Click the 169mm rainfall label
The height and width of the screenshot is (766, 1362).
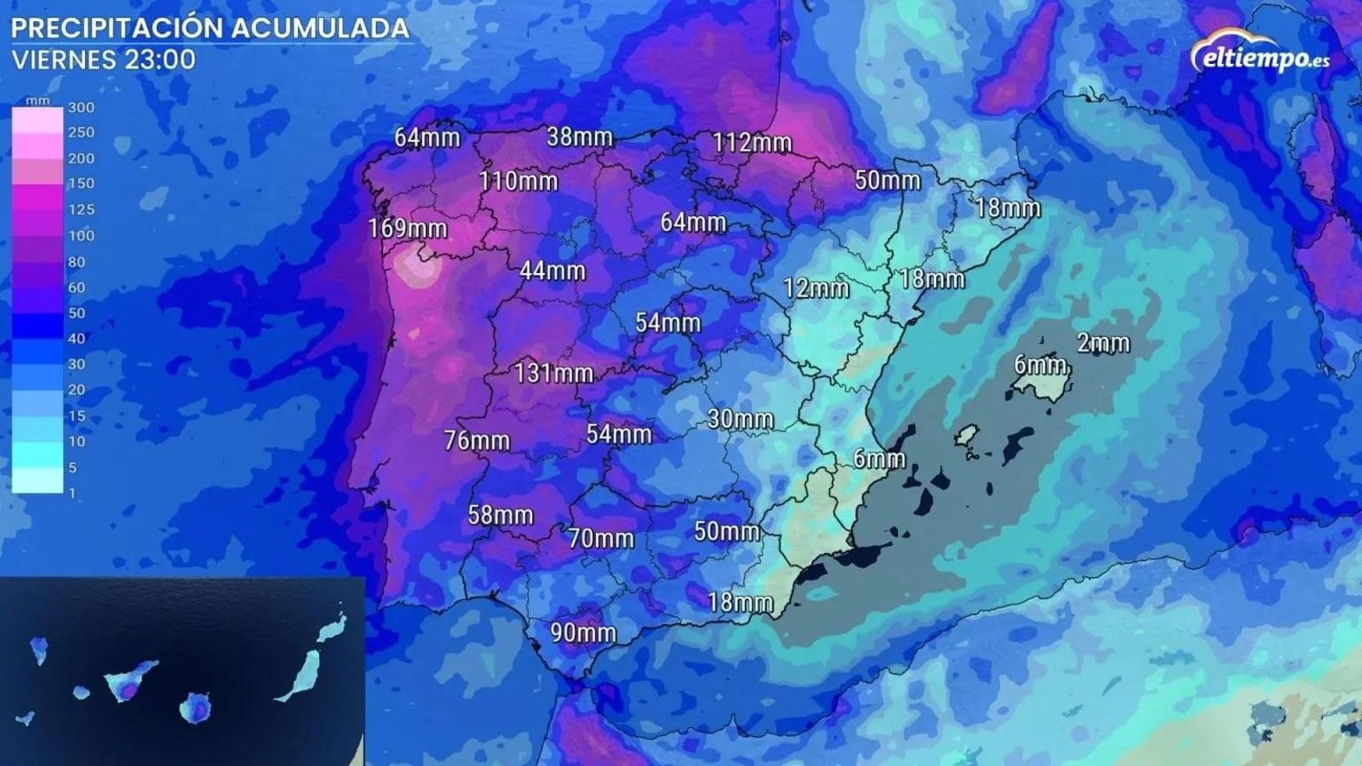click(408, 228)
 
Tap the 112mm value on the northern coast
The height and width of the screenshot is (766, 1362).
click(752, 142)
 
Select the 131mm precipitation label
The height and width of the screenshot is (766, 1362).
click(553, 373)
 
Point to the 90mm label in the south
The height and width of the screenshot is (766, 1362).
click(583, 632)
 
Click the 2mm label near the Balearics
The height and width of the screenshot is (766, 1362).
click(1103, 343)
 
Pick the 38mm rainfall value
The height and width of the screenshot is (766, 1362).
click(580, 136)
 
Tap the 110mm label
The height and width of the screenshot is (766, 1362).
click(518, 180)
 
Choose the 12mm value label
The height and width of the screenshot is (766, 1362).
click(816, 288)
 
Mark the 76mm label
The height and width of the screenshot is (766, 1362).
click(477, 440)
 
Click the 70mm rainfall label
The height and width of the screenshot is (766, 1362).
click(602, 538)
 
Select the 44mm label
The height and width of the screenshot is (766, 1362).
click(552, 271)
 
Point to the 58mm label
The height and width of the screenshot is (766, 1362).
click(501, 515)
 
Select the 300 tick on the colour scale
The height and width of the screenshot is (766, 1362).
click(82, 107)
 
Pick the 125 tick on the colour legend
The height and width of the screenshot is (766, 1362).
click(82, 209)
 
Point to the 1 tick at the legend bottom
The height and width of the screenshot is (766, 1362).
click(72, 493)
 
